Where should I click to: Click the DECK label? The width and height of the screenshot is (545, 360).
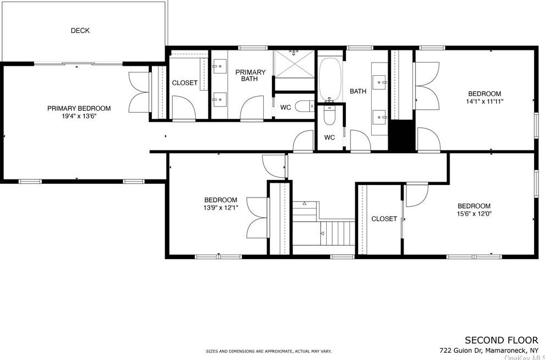80,31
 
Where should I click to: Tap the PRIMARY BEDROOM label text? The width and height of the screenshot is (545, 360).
79,109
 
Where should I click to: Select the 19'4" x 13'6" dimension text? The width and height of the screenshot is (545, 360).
79,116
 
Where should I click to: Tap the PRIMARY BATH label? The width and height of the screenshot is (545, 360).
250,76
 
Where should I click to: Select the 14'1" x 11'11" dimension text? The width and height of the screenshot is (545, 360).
485,102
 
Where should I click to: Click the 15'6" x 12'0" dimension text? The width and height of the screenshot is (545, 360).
474,214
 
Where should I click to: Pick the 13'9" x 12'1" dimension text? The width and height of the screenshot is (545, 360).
221,208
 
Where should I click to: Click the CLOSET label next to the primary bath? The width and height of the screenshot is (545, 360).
185,83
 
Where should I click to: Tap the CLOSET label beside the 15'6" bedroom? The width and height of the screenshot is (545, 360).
384,219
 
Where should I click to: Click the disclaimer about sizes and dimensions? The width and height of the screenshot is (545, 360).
269,352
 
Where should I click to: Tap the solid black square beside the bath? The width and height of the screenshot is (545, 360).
402,135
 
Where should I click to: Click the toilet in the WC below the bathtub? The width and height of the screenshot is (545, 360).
329,115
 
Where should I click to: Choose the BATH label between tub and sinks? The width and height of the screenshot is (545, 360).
357,92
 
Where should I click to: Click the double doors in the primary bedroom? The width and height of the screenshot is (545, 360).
139,92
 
